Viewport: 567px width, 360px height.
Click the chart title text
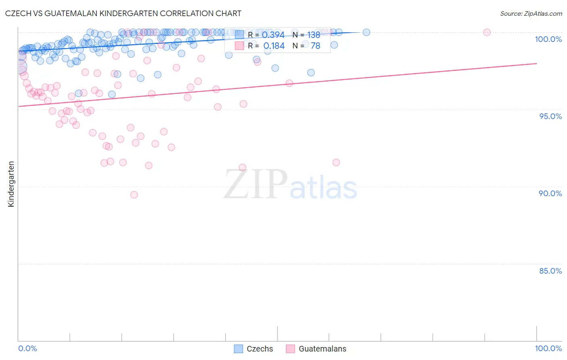tap(123, 13)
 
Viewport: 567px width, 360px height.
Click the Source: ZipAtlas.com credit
tap(531, 14)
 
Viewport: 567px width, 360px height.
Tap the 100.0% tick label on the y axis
tap(548, 39)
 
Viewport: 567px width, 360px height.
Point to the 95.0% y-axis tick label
tap(550, 116)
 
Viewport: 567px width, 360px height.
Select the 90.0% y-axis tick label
tap(550, 193)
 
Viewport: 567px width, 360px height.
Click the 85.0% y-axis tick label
tap(550, 271)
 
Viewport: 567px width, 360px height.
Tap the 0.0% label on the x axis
tap(27, 348)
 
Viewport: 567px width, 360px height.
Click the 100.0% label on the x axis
tap(548, 348)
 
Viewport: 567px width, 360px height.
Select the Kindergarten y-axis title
tap(11, 184)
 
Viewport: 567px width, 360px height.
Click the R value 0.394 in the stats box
tap(274, 35)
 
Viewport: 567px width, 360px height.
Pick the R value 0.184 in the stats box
tap(274, 46)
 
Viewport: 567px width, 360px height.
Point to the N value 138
tap(314, 35)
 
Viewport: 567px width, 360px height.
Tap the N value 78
tap(315, 46)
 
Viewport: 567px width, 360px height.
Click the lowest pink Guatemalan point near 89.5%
tap(134, 195)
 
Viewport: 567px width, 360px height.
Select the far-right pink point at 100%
tap(487, 32)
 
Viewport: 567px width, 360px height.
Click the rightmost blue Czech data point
tap(366, 32)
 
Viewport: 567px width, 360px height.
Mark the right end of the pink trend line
tap(536, 63)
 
